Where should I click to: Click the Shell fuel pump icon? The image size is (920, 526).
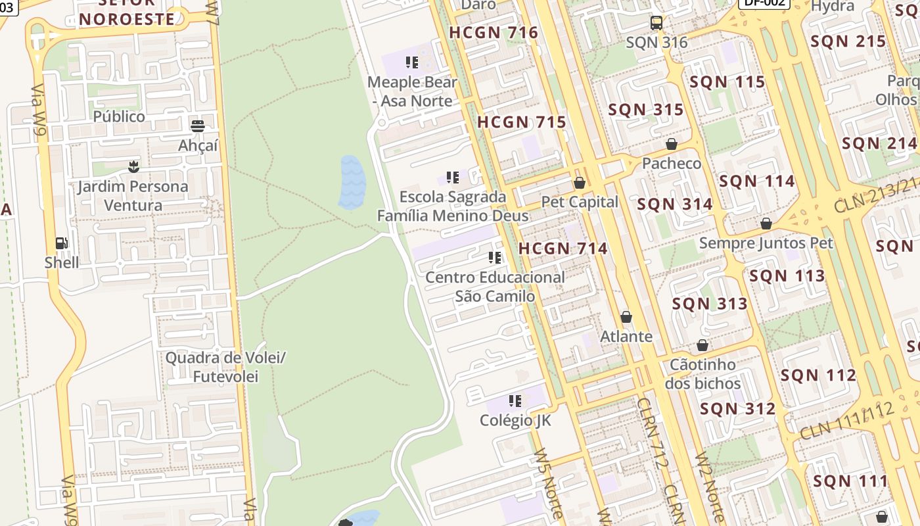[x=61, y=243]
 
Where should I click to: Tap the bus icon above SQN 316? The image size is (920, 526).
[x=656, y=23]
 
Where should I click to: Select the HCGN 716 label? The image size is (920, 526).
[x=494, y=32]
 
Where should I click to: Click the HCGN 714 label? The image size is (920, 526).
[x=563, y=249]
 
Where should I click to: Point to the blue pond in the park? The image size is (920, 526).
[x=352, y=182]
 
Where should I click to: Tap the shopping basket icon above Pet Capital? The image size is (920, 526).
[x=579, y=183]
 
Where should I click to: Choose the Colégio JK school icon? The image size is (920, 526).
[x=515, y=400]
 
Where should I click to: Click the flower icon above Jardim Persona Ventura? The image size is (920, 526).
[x=133, y=166]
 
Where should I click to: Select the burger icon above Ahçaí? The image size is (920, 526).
[x=197, y=126]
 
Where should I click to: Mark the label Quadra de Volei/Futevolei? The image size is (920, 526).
[x=225, y=368]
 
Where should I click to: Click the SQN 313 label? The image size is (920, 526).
[x=710, y=304]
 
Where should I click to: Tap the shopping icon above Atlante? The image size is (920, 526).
[x=626, y=318]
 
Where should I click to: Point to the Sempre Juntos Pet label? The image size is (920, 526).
[x=766, y=243]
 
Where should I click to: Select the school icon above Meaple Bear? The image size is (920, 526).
[x=412, y=62]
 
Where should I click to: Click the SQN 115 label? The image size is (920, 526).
[x=727, y=82]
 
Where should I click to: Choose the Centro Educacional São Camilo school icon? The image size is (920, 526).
[x=495, y=258]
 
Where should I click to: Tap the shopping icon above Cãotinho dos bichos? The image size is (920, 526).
[x=702, y=345]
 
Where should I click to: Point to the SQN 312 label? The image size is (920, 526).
[x=737, y=409]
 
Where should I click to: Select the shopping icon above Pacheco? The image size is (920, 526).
[x=671, y=144]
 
